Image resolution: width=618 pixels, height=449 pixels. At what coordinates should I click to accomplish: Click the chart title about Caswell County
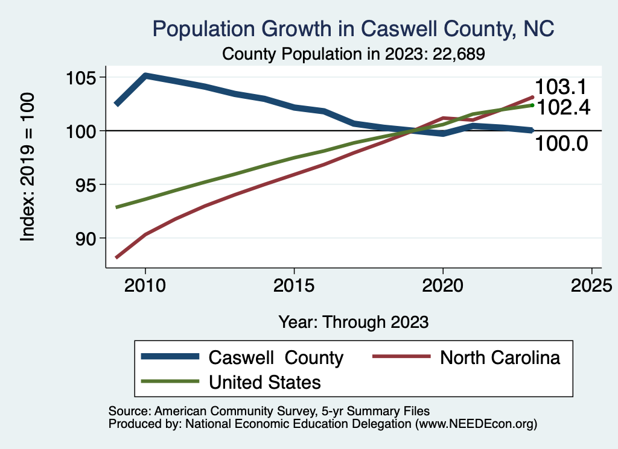tap(353, 29)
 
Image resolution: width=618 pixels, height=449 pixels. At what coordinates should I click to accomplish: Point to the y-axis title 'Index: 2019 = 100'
tap(28, 168)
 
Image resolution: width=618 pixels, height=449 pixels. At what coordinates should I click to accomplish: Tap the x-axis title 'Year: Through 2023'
tap(353, 322)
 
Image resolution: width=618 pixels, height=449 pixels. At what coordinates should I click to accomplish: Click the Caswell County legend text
tap(276, 357)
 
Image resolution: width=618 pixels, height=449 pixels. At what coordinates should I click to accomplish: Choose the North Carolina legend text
tap(500, 357)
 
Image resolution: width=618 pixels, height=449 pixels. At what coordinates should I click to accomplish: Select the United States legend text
tap(264, 382)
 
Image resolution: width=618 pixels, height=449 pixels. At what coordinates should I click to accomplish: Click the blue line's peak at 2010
tap(145, 76)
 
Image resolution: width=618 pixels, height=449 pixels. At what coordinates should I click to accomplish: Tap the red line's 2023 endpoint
tap(532, 96)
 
